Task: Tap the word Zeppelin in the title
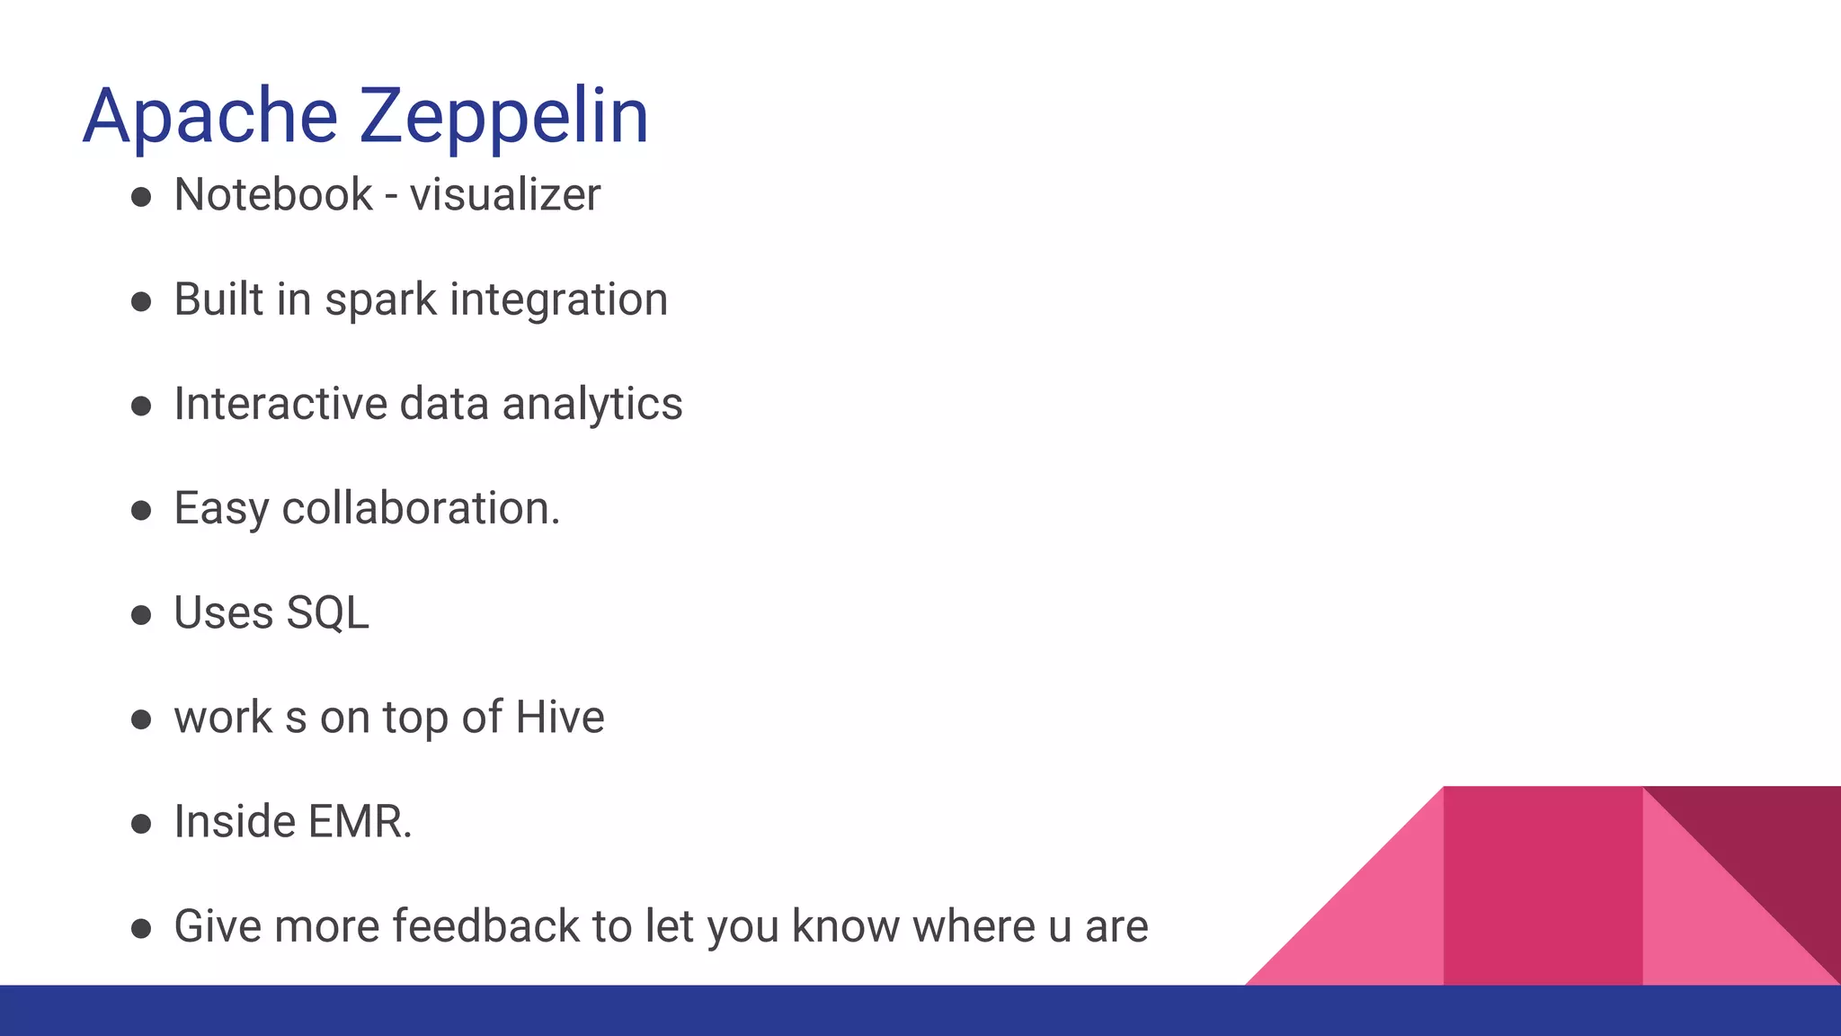[x=504, y=117]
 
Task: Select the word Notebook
[x=273, y=194]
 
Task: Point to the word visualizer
[x=505, y=194]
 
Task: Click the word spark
[x=380, y=300]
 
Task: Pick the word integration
[x=558, y=299]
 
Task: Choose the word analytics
[x=592, y=405]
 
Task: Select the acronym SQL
[x=327, y=613]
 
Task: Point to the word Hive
[x=560, y=718]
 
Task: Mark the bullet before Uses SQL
[x=141, y=615]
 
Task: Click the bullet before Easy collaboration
[x=141, y=511]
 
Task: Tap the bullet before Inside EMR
[x=141, y=824]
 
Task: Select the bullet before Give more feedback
[x=141, y=928]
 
